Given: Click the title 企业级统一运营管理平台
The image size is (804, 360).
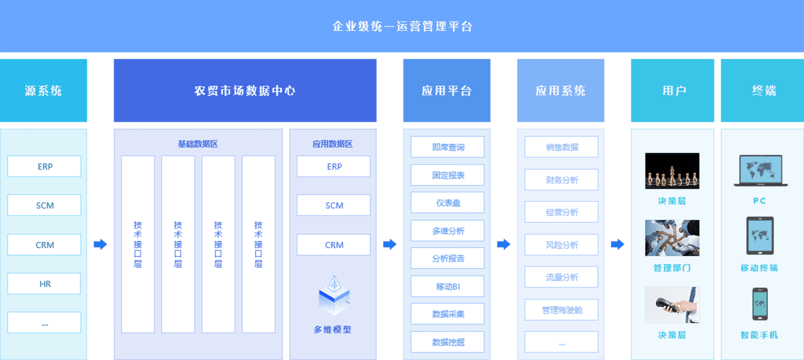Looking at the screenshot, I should pos(402,27).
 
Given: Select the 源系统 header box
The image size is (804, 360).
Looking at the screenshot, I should pos(44,91).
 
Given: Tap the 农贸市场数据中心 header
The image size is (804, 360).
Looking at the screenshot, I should pos(245,91).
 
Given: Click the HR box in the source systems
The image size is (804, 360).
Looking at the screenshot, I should pos(44,284).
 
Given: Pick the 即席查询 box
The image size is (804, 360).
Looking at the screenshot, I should pos(448,147).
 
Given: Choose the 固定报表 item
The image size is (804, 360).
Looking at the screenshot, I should pos(448,176).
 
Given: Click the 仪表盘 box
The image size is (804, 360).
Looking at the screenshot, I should pos(448,203).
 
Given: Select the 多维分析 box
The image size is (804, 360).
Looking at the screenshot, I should pos(448,231).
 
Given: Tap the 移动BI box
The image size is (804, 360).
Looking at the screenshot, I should pos(448,286).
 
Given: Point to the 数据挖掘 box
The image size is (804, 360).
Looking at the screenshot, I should pos(448,342).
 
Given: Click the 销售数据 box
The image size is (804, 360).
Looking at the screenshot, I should pos(561,147).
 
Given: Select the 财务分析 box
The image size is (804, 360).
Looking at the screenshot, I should pos(561,180).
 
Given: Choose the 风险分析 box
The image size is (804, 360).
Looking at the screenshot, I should pos(561,245).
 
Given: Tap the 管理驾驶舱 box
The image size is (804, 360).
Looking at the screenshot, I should pos(561,310).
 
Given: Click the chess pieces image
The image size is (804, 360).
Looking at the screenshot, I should pos(672,170).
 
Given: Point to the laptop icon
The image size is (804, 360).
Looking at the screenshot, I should pos(760,170).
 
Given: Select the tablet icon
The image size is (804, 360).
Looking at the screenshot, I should pos(760,236).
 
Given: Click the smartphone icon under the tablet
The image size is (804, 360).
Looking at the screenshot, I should pos(760,304).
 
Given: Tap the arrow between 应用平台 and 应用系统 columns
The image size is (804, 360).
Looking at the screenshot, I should pos(503,245).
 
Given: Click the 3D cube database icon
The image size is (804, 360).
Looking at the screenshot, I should pos(333,296).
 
